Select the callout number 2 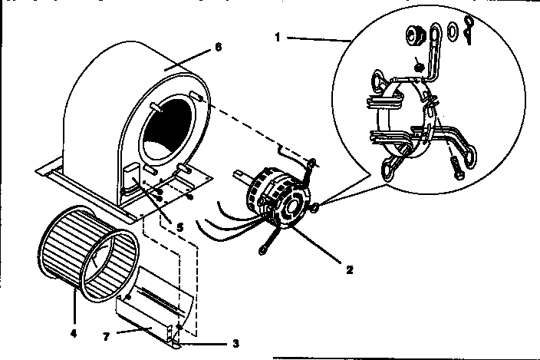click(349, 269)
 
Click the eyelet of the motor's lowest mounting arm click(265, 246)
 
